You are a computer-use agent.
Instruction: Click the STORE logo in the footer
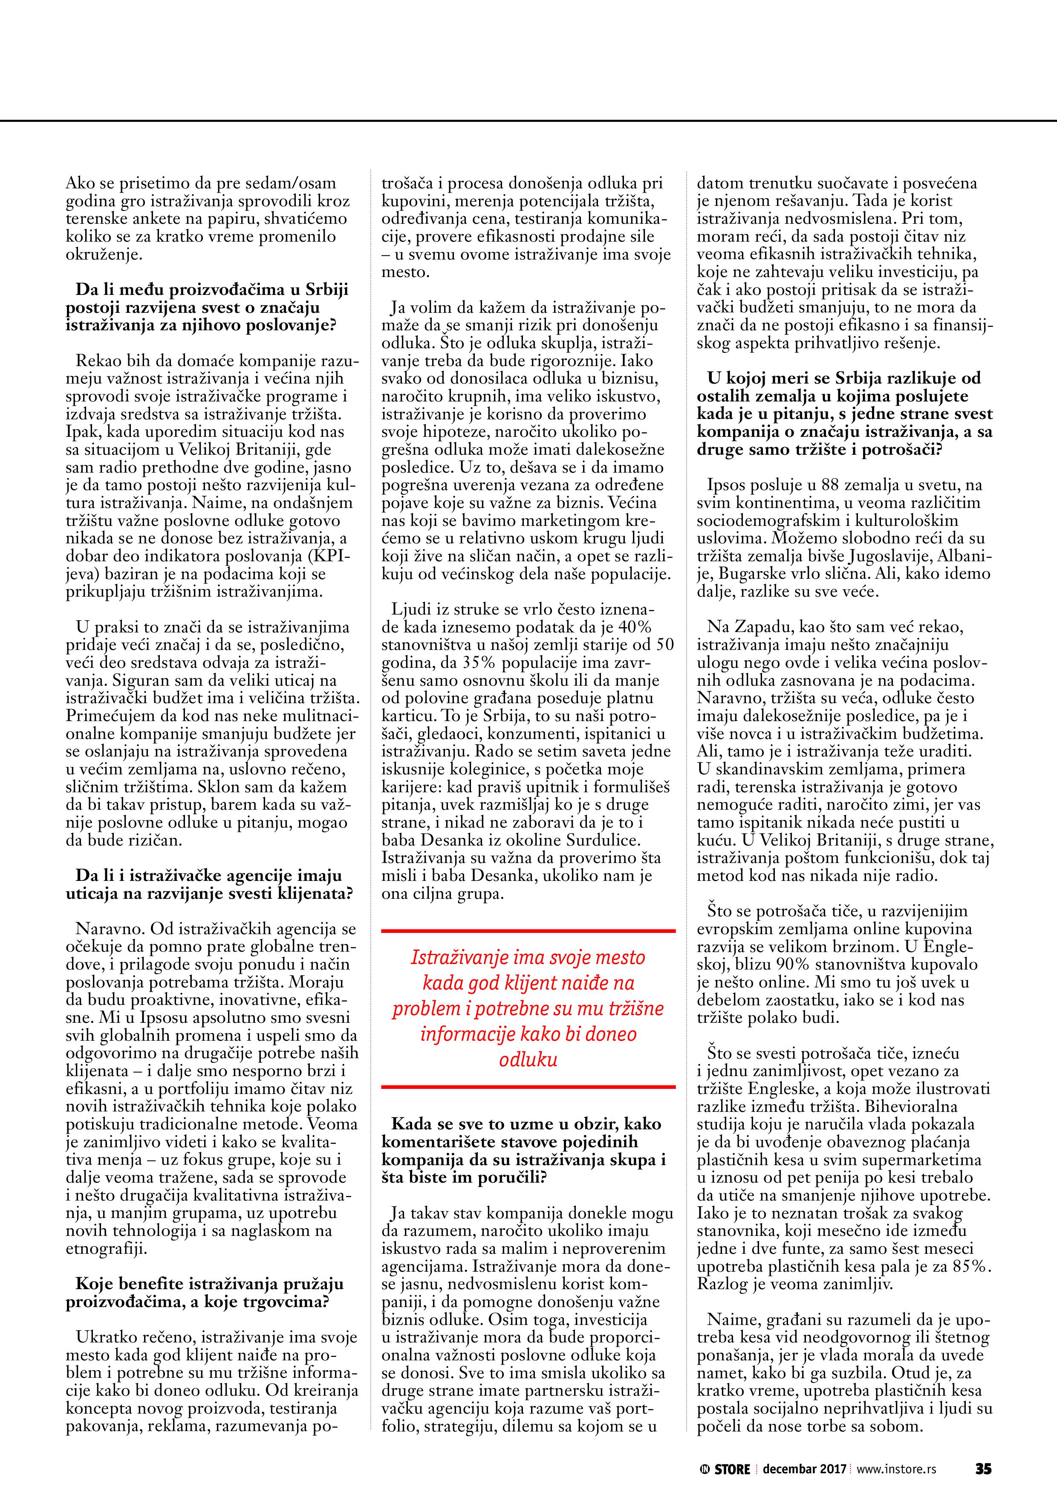[725, 1469]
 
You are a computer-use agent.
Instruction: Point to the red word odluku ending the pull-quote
[528, 1059]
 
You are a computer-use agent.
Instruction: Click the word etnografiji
[106, 1249]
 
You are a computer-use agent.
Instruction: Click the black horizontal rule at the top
[528, 121]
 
